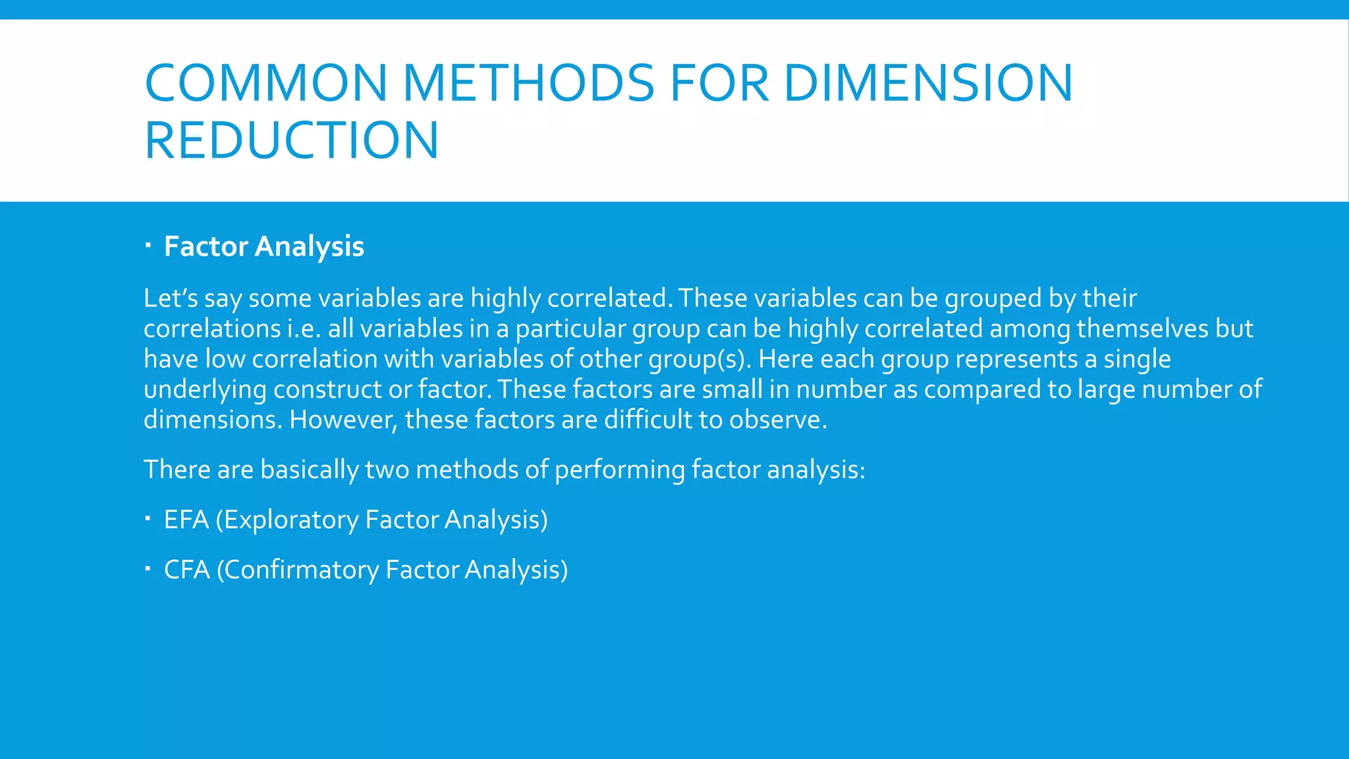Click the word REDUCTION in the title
point(291,140)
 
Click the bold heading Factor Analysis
point(263,246)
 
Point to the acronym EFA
point(186,520)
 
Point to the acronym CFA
point(186,570)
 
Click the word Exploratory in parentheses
point(291,520)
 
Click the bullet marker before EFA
point(148,519)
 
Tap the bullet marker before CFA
point(148,569)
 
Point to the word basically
point(309,470)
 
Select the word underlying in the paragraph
point(205,390)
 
